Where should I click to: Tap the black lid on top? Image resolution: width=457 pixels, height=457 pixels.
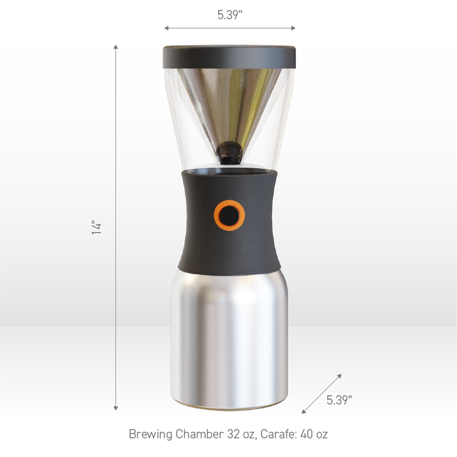[x=229, y=55]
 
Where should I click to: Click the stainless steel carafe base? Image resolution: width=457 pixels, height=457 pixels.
[x=229, y=337]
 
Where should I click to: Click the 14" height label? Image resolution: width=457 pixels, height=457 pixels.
[x=96, y=228]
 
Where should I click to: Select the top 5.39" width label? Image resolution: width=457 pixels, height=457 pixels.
[x=230, y=15]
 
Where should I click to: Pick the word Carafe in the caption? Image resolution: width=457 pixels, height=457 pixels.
[x=274, y=435]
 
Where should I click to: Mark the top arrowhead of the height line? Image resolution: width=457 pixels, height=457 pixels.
[x=116, y=48]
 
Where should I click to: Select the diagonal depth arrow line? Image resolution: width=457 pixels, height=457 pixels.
[x=322, y=394]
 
